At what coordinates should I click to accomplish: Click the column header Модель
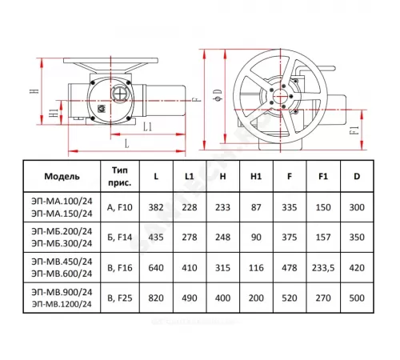click(x=62, y=176)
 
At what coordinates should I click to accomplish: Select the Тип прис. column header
click(x=120, y=176)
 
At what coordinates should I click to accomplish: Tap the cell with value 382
click(x=156, y=207)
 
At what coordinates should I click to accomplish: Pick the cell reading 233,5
click(x=323, y=268)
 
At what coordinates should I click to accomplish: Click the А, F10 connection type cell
click(x=120, y=207)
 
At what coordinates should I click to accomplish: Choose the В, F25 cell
click(x=120, y=298)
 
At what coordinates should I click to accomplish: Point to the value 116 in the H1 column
click(x=256, y=268)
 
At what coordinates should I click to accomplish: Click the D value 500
click(x=357, y=298)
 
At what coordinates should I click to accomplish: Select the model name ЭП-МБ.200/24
click(x=62, y=231)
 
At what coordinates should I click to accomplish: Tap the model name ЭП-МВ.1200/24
click(x=62, y=304)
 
